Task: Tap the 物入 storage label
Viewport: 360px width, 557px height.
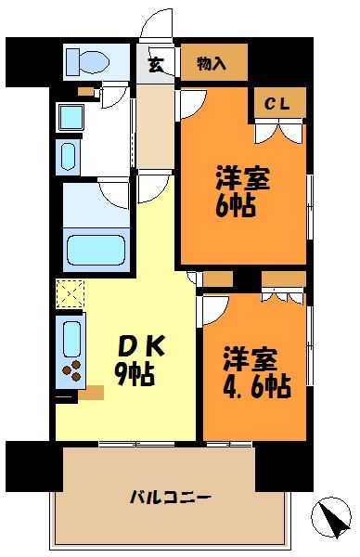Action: click(213, 63)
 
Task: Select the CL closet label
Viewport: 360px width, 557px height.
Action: click(276, 105)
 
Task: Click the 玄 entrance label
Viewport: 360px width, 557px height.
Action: click(157, 64)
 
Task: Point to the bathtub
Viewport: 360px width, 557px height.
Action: click(96, 248)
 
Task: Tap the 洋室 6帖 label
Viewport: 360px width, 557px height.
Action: click(243, 190)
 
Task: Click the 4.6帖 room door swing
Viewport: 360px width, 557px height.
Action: click(215, 309)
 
